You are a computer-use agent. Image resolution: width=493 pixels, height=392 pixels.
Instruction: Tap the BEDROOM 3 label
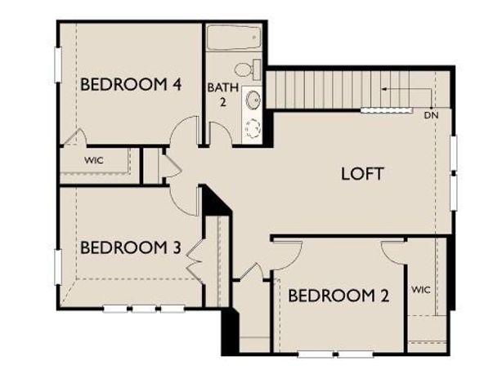[x=130, y=247]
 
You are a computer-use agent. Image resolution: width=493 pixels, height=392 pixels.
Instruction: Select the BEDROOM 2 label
[x=338, y=296]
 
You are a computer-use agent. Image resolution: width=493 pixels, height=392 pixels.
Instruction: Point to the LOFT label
[x=361, y=173]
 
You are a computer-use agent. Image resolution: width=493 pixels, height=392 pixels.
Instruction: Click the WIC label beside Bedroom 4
[x=94, y=160]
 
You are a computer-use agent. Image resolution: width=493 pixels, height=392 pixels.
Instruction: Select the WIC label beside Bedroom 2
[x=421, y=289]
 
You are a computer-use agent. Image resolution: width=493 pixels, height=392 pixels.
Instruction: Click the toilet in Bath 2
[x=246, y=69]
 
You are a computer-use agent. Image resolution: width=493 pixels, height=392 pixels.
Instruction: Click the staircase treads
[x=327, y=88]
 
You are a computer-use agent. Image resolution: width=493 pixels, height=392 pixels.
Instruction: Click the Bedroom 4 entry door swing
[x=185, y=131]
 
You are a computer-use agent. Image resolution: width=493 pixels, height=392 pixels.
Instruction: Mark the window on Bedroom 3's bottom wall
[x=143, y=309]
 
